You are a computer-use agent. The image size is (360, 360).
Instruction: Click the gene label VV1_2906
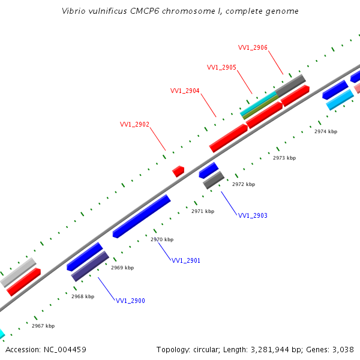[x=253, y=47]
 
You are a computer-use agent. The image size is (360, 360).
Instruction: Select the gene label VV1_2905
[x=221, y=67]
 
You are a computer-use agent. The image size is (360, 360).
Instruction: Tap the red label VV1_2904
[x=185, y=91]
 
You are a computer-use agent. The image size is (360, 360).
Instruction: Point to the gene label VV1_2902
[x=134, y=124]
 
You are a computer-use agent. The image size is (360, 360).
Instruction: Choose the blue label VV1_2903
[x=253, y=215]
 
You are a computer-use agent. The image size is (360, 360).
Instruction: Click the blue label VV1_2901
[x=186, y=260]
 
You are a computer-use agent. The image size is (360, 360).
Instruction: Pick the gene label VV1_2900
[x=130, y=301]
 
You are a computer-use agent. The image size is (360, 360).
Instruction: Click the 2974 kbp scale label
[x=326, y=131]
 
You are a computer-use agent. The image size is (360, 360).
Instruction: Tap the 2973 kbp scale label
[x=284, y=158]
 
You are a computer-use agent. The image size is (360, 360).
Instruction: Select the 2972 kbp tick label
[x=244, y=184]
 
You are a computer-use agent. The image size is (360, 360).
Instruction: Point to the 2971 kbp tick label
[x=203, y=211]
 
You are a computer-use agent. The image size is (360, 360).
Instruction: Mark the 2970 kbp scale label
[x=162, y=239]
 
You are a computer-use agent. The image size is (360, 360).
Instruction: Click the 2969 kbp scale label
[x=122, y=268]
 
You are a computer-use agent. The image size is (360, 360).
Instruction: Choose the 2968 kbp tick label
[x=83, y=296]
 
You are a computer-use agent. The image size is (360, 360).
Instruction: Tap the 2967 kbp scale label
[x=43, y=326]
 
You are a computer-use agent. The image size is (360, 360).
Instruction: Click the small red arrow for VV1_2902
[x=178, y=171]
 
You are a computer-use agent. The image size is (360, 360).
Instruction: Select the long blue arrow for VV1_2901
[x=142, y=216]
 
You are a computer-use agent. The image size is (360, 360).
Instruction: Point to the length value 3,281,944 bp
[x=258, y=349]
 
